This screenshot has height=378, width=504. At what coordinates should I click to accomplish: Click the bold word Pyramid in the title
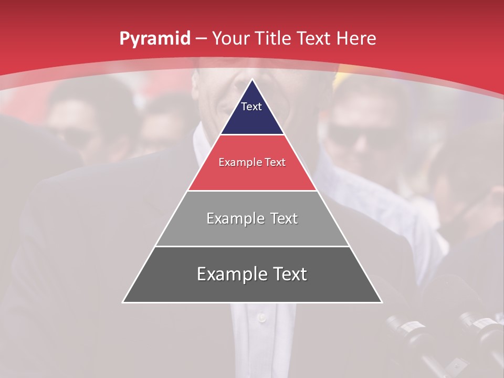coord(155,39)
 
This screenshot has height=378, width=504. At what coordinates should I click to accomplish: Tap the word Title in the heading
coord(275,39)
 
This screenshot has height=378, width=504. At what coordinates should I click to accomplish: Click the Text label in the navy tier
coord(251,107)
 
